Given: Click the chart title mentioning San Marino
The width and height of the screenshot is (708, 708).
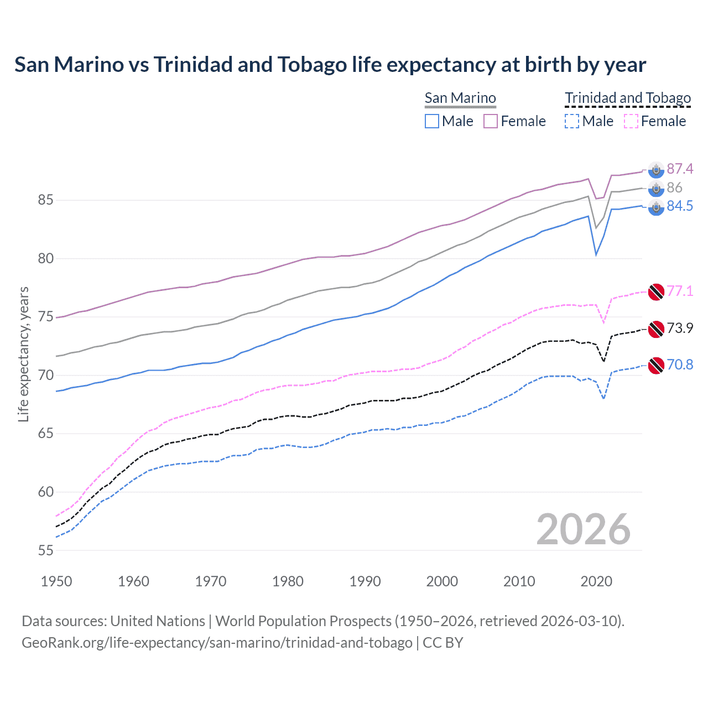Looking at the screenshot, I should [x=330, y=65].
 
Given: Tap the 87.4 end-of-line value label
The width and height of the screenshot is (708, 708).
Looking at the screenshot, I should [x=680, y=169].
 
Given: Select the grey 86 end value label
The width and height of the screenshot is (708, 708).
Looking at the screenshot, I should [x=674, y=188].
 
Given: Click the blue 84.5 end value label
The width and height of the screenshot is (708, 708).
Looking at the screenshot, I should [x=680, y=206].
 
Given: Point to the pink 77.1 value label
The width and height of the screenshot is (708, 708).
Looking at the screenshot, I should [x=680, y=291].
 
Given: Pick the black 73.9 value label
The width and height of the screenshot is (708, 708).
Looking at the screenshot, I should [x=680, y=328].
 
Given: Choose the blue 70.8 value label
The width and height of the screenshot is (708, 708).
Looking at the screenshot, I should [x=680, y=365].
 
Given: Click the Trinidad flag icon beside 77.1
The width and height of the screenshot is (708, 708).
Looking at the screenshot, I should [x=656, y=292].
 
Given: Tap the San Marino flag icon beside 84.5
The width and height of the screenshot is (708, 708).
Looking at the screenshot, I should [x=656, y=207].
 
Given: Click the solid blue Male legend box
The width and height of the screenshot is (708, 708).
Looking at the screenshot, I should [x=432, y=121].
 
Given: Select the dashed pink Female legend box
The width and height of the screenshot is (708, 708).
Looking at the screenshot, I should [x=631, y=121].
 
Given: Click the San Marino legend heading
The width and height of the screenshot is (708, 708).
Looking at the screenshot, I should [x=460, y=98].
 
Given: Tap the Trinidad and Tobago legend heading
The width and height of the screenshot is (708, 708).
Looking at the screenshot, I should [x=628, y=98].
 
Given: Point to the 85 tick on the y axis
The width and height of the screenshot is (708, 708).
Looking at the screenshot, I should [x=45, y=200].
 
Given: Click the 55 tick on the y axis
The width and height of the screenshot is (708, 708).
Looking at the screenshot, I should [x=45, y=550].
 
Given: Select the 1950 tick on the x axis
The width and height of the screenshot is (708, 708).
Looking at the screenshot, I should [x=56, y=581].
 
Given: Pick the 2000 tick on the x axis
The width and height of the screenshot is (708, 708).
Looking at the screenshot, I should [x=442, y=581].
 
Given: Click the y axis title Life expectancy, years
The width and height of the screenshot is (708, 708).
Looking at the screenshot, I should [x=23, y=354].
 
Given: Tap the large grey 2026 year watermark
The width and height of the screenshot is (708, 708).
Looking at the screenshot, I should [x=584, y=529].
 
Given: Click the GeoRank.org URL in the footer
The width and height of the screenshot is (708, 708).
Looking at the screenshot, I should [x=217, y=643].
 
